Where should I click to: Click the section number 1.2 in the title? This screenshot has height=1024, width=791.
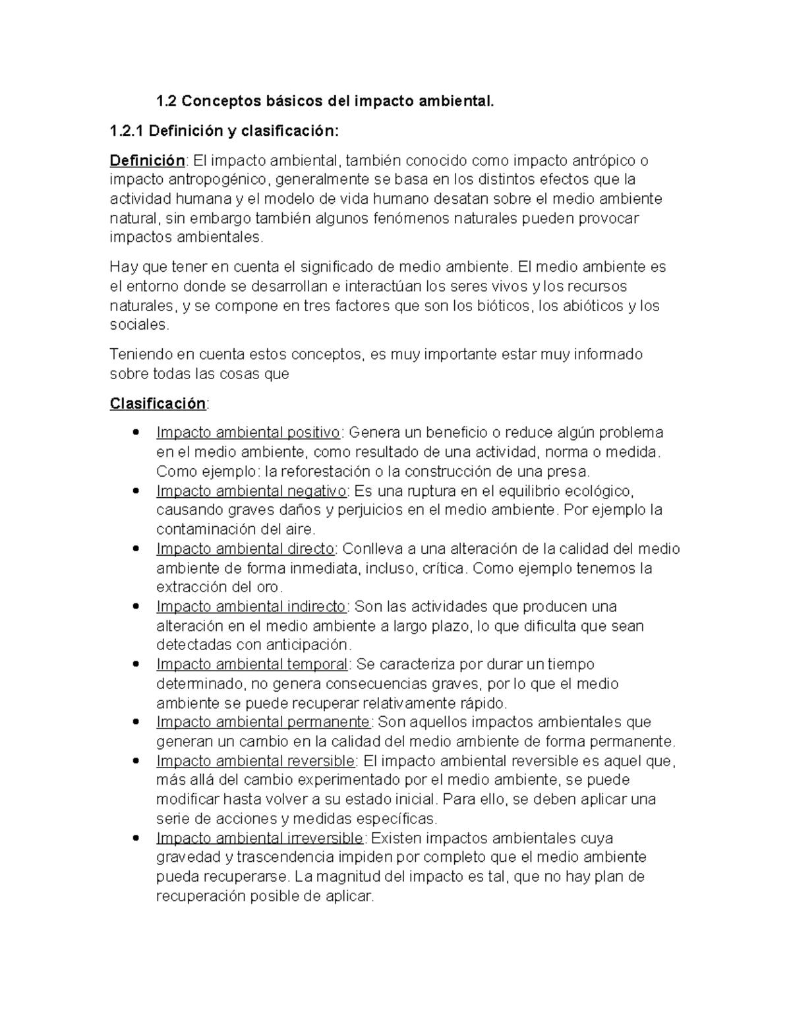point(166,102)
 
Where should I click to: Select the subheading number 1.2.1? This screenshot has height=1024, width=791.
point(127,131)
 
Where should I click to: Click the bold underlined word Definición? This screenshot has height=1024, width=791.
point(147,160)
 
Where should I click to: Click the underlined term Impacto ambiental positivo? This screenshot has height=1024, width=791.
point(249,433)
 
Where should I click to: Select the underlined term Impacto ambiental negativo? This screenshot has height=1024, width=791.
point(251,491)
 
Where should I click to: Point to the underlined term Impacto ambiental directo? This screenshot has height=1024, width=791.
point(246,549)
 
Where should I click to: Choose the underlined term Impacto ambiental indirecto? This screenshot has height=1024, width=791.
point(251,606)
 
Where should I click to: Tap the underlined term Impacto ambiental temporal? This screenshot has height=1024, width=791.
point(252,664)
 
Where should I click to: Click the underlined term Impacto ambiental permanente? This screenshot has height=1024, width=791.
point(263,722)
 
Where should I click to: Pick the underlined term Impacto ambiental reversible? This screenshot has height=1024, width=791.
point(256,760)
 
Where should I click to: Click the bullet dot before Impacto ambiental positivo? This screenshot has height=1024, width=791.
point(136,433)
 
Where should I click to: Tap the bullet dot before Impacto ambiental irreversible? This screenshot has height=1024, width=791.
point(136,838)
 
